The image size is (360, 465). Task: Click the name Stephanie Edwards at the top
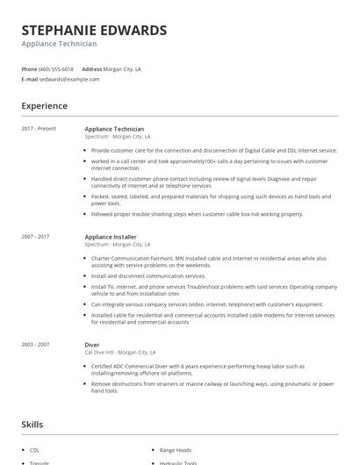click(x=94, y=30)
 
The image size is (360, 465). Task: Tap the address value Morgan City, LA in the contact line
click(x=124, y=68)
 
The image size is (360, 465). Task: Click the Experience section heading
click(x=44, y=106)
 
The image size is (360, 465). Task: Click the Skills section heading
click(x=32, y=424)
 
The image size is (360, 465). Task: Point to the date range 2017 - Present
click(x=40, y=129)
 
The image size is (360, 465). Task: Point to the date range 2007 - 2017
click(x=36, y=237)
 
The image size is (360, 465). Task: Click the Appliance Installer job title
click(x=111, y=237)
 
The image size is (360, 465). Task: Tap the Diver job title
click(x=92, y=346)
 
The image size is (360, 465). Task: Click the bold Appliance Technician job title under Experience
click(x=114, y=129)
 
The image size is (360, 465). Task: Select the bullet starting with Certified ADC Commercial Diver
click(x=210, y=369)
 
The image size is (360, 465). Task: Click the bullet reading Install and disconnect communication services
click(x=148, y=275)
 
